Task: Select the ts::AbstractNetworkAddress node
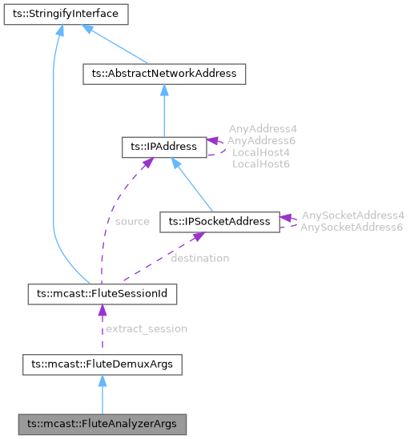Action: point(164,74)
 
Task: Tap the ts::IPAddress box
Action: point(163,147)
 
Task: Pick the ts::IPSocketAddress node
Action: point(219,222)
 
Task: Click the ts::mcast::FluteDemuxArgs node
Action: point(102,364)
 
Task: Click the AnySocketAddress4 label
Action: point(352,215)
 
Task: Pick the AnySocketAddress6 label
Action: point(352,228)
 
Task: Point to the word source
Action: point(132,221)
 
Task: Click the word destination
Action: point(199,258)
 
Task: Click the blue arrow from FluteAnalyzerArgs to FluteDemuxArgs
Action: point(102,394)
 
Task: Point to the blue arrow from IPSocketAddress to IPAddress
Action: point(192,185)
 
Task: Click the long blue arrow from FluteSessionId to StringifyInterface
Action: point(53,160)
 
